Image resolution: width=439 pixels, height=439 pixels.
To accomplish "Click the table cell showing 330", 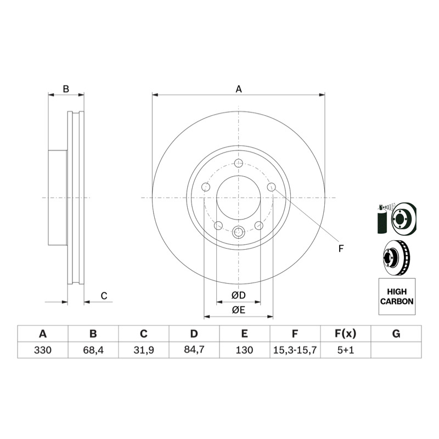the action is (43, 350).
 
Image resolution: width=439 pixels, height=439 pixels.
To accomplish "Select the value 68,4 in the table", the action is (93, 350).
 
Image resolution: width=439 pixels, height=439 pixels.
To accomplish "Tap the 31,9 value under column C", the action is (144, 350).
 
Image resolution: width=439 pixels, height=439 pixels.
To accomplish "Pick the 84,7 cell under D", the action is (194, 350).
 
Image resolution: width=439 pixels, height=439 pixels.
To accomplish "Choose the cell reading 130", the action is (244, 350).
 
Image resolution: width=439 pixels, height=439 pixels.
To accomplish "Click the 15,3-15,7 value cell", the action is (295, 350).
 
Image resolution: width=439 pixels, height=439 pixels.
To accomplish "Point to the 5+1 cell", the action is (346, 350).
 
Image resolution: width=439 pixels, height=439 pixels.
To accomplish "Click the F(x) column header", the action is (346, 334).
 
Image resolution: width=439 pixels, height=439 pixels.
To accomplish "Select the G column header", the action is (396, 334).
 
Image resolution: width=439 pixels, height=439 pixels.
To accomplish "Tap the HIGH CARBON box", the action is (397, 296).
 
